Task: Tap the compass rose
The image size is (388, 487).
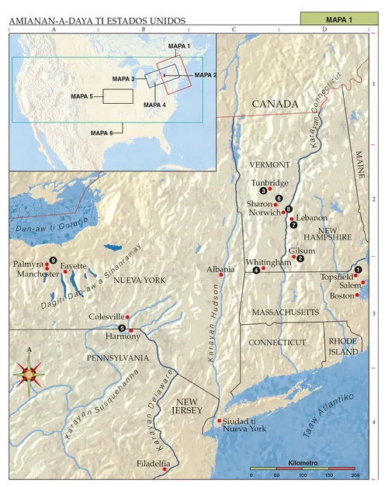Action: (x=30, y=375)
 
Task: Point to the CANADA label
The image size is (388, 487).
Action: (x=274, y=105)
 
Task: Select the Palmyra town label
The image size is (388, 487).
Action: (x=28, y=264)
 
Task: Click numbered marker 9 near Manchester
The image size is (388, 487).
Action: (x=53, y=260)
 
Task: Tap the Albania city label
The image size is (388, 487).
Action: (x=220, y=270)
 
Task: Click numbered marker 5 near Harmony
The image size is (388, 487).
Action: (x=122, y=328)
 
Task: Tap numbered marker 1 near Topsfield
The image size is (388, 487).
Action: (x=358, y=269)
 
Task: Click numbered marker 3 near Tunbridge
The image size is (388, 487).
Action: (x=263, y=191)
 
